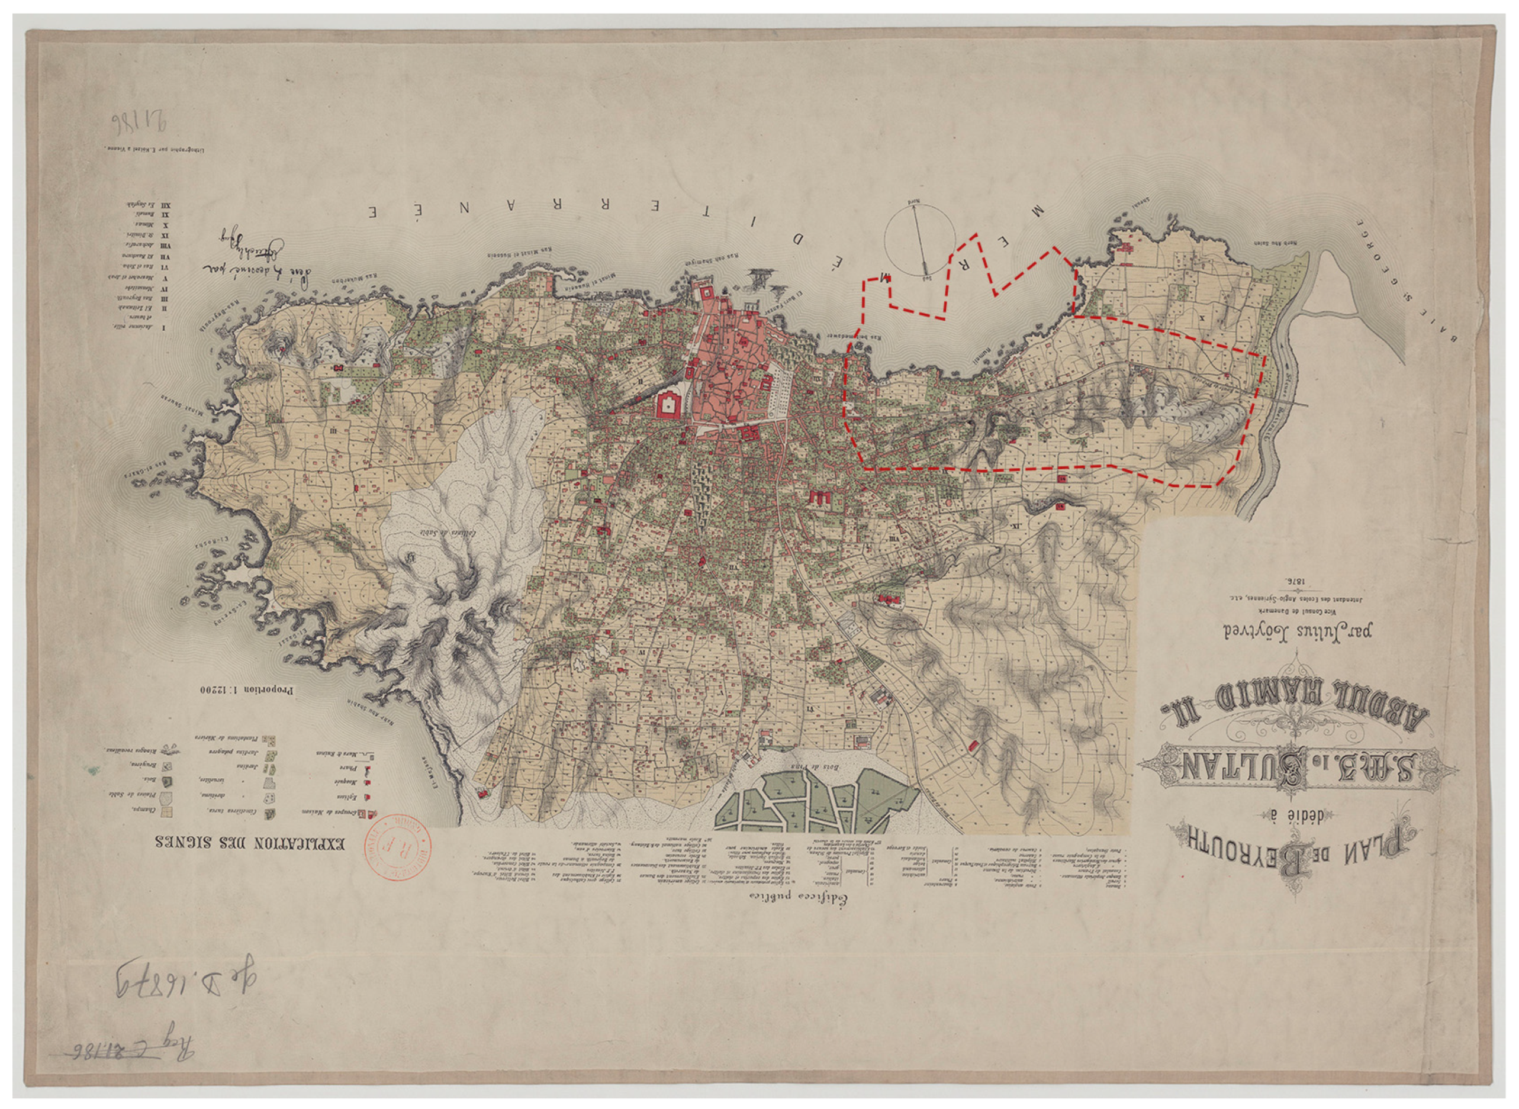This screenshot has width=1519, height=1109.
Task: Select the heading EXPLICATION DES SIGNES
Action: [x=250, y=843]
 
